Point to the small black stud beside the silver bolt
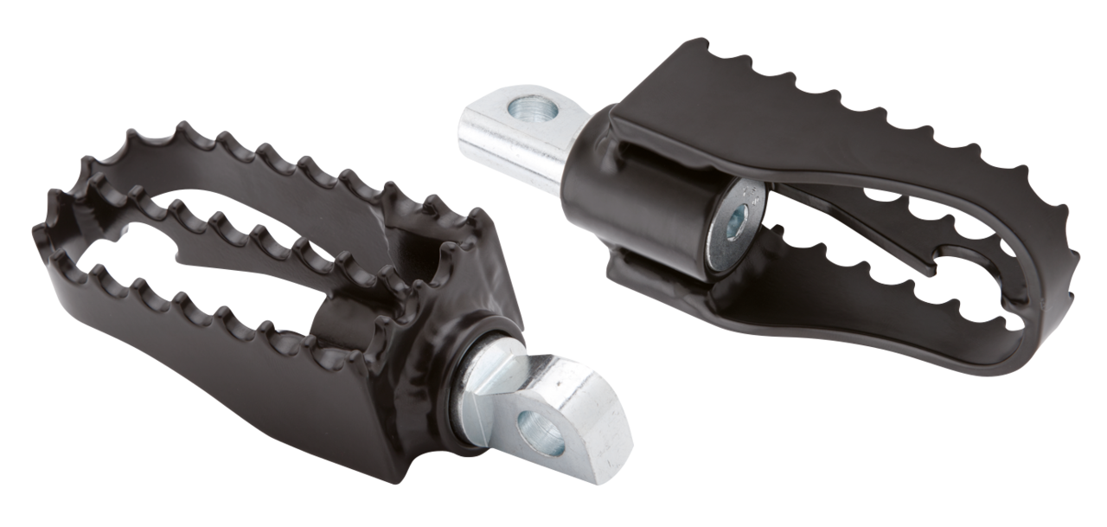781,229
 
